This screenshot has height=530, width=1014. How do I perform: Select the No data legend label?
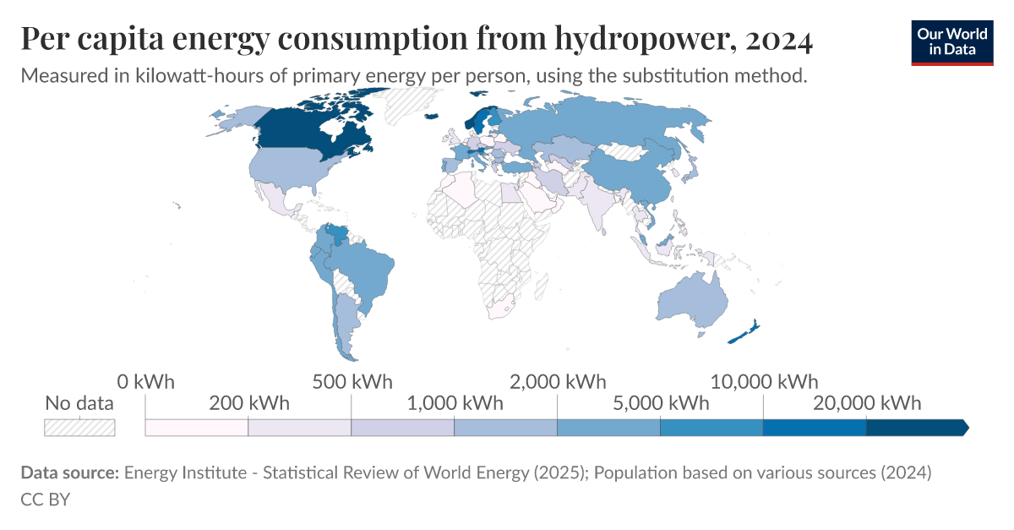click(79, 403)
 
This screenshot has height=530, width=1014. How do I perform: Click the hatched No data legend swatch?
click(79, 427)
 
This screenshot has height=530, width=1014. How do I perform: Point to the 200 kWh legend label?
click(248, 402)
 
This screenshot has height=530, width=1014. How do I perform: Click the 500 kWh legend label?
click(352, 381)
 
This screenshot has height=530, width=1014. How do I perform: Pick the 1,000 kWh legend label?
click(455, 402)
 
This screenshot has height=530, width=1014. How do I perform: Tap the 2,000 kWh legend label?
click(559, 381)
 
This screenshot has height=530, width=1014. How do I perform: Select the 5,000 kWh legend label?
click(661, 402)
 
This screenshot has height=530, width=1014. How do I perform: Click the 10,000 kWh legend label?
click(764, 381)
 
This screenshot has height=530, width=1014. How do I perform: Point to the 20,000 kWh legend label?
click(867, 402)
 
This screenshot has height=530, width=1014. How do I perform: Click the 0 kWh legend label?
click(145, 381)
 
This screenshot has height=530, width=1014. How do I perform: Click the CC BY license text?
click(45, 499)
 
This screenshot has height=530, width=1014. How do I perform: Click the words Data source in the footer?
click(69, 473)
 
